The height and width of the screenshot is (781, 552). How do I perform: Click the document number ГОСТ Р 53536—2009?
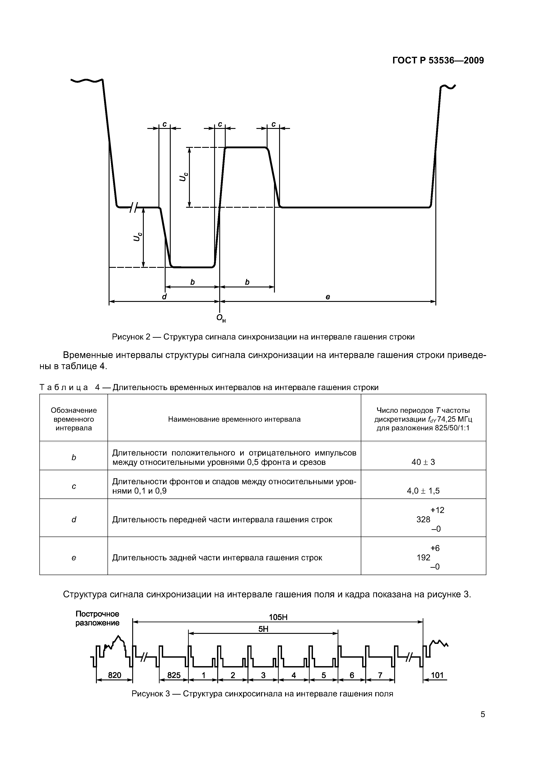438,61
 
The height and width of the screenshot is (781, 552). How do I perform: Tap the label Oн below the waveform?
221,318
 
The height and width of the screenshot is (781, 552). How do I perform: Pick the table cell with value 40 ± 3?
423,462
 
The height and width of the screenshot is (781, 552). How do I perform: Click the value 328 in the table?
423,519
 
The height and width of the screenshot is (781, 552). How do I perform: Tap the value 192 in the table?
423,557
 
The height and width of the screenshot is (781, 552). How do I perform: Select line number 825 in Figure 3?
174,675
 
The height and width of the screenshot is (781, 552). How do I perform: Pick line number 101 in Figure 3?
437,675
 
